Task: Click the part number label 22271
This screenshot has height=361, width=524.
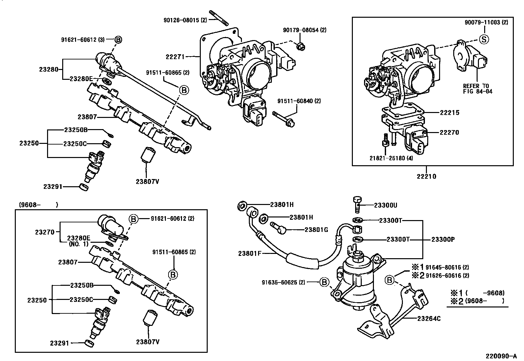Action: click(x=175, y=56)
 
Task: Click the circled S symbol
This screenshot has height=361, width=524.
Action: click(x=484, y=39)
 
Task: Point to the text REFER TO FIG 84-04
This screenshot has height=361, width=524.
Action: click(x=478, y=89)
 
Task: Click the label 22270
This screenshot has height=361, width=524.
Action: click(x=449, y=132)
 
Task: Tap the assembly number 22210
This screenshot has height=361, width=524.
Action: click(x=426, y=176)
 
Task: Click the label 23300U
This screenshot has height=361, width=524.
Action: click(x=385, y=205)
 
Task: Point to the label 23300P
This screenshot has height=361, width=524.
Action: click(x=443, y=239)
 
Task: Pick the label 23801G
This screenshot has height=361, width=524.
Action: click(x=316, y=230)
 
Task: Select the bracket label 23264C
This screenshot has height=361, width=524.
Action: click(x=429, y=318)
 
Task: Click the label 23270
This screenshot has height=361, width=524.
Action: click(x=45, y=232)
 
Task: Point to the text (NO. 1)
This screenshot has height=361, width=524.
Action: click(x=79, y=244)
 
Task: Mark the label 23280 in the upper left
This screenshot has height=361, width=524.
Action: click(x=49, y=69)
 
